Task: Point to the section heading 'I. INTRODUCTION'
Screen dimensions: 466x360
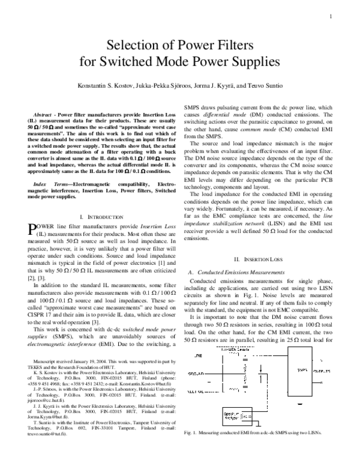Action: coord(98,199)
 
